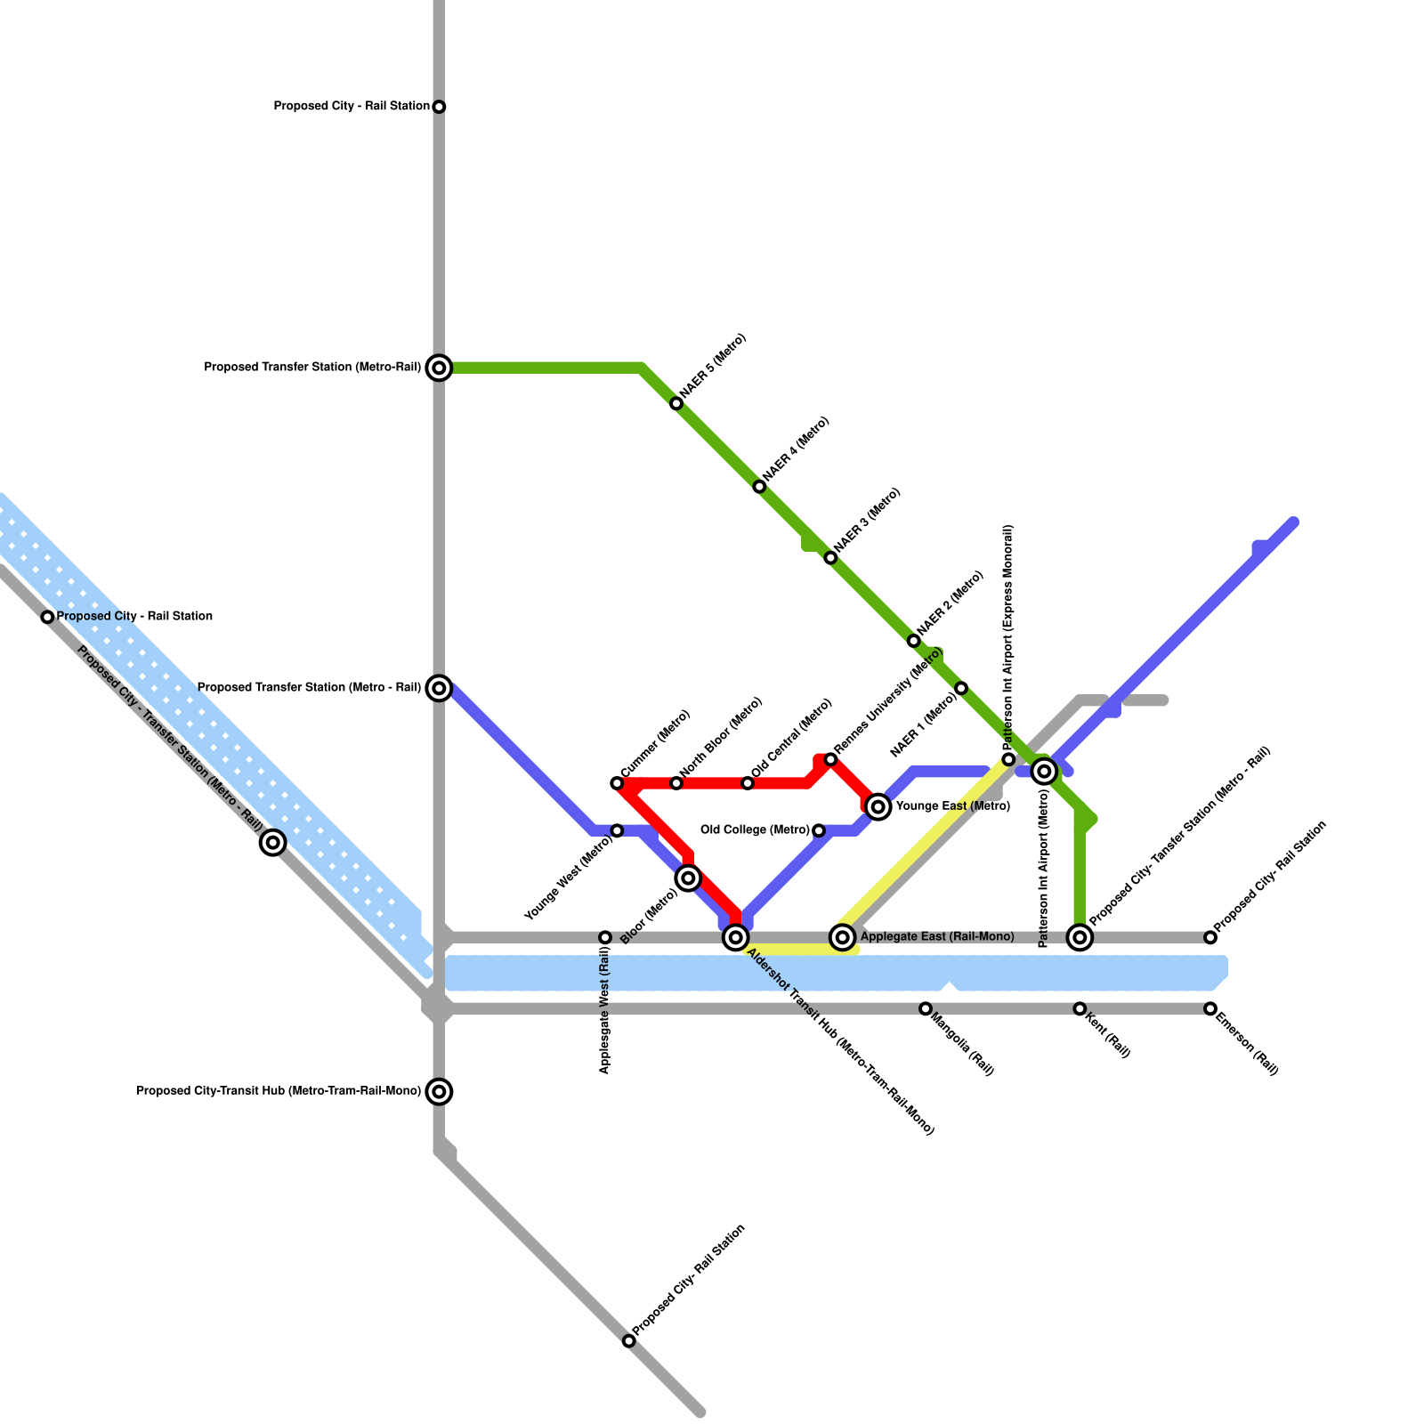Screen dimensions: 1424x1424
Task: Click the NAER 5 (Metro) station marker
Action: pyautogui.click(x=676, y=404)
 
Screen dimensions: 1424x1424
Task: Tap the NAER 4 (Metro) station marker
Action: pyautogui.click(x=759, y=487)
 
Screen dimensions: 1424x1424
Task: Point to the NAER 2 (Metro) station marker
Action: pyautogui.click(x=913, y=641)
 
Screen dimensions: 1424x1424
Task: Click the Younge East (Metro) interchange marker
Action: pyautogui.click(x=878, y=807)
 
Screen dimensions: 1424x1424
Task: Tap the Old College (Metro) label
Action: pyautogui.click(x=755, y=830)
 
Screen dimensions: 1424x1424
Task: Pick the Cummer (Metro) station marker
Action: pyautogui.click(x=617, y=783)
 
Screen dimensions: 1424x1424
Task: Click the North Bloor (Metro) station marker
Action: pyautogui.click(x=676, y=783)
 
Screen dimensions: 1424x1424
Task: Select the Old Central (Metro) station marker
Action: pyautogui.click(x=748, y=783)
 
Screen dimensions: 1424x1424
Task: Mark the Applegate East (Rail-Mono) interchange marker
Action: pyautogui.click(x=843, y=937)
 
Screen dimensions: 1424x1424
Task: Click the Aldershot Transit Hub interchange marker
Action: pyautogui.click(x=735, y=937)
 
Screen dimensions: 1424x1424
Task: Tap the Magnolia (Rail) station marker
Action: pyautogui.click(x=926, y=1008)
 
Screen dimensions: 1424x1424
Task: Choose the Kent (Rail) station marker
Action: pyautogui.click(x=1080, y=1008)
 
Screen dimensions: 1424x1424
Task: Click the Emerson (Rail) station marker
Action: pyautogui.click(x=1210, y=1008)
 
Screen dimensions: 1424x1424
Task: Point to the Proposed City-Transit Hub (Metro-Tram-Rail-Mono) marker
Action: pyautogui.click(x=439, y=1091)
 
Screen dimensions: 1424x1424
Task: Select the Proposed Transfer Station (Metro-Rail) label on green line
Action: pyautogui.click(x=312, y=367)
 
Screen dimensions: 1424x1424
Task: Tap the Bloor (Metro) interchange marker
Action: pyautogui.click(x=688, y=878)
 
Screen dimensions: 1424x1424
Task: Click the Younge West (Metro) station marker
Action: pyautogui.click(x=617, y=830)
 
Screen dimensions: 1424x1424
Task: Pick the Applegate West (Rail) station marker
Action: pyautogui.click(x=605, y=937)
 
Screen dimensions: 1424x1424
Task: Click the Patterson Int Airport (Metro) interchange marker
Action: pyautogui.click(x=1045, y=772)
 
